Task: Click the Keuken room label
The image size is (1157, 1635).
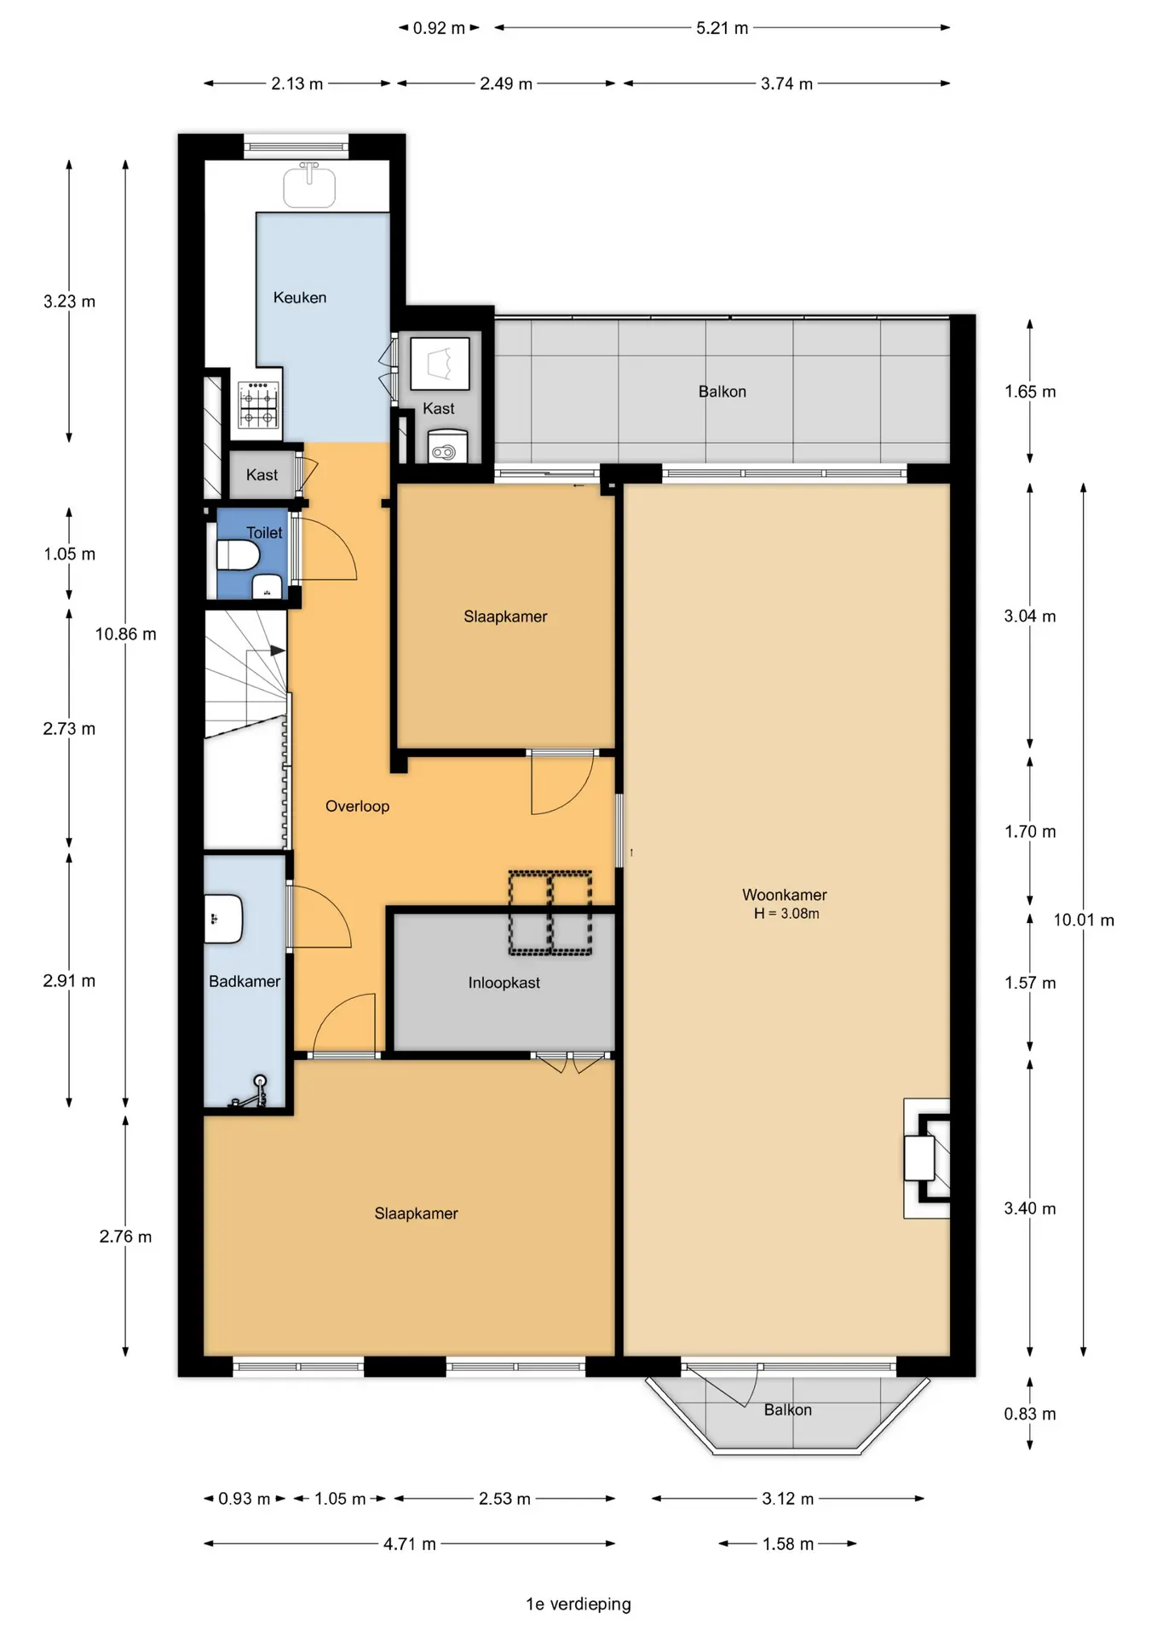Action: [299, 297]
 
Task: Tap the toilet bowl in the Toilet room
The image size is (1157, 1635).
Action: [238, 556]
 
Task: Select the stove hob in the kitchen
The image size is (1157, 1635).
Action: [259, 404]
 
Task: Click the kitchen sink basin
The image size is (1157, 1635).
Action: [309, 186]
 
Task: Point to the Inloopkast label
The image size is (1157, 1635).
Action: [504, 983]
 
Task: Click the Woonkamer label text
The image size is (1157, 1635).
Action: [784, 894]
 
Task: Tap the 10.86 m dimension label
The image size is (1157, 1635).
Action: [126, 634]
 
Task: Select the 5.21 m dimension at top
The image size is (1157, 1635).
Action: [722, 28]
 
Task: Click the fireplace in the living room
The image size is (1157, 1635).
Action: [927, 1158]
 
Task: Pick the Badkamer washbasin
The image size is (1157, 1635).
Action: [223, 919]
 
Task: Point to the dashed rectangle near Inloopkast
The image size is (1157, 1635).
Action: [550, 912]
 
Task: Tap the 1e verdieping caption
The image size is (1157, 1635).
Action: [578, 1604]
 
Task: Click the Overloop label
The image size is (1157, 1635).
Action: [357, 806]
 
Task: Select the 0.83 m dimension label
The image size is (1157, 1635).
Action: [1029, 1414]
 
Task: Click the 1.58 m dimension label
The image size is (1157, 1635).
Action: [787, 1544]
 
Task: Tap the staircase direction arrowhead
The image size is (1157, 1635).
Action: [278, 651]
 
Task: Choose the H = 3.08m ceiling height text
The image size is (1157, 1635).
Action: [786, 914]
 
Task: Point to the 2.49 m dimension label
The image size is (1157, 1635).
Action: [505, 83]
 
